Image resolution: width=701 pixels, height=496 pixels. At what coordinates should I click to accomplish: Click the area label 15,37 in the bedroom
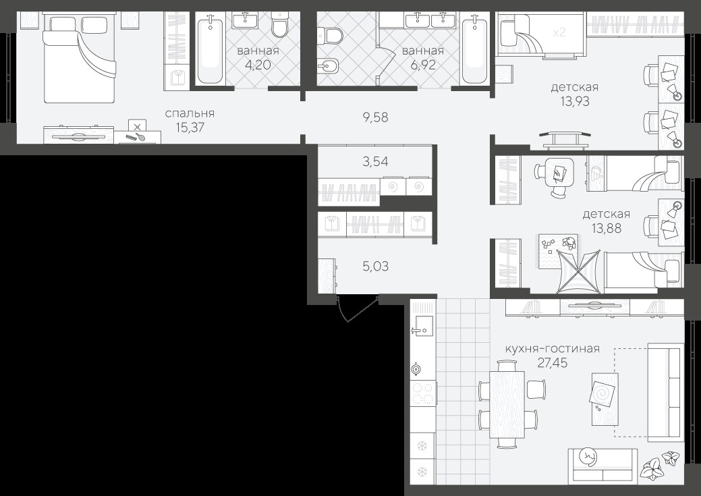tap(190, 128)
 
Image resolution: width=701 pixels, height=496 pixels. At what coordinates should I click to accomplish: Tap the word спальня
tap(190, 113)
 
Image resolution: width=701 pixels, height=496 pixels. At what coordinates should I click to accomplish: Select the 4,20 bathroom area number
tap(258, 65)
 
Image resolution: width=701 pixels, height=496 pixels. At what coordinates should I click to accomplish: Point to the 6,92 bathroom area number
tap(423, 65)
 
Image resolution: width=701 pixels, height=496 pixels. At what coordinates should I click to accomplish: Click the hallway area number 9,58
tap(376, 117)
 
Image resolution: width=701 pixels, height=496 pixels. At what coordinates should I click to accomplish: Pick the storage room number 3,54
tap(376, 162)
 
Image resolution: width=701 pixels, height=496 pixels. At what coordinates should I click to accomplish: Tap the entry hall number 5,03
tap(376, 267)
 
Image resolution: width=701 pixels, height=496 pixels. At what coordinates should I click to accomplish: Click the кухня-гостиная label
tap(552, 349)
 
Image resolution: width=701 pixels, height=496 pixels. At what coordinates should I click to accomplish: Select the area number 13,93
tap(575, 101)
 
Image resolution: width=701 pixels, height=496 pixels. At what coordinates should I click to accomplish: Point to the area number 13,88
tap(607, 229)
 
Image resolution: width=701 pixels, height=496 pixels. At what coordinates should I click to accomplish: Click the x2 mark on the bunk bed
tap(559, 32)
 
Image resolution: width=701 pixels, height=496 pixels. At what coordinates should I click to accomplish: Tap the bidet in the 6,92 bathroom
tap(328, 67)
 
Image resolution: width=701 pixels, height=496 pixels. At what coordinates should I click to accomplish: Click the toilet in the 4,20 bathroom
tap(281, 26)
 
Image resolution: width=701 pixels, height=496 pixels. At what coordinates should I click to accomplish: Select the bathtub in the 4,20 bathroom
tap(210, 49)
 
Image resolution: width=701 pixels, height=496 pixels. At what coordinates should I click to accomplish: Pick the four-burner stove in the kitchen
tap(423, 393)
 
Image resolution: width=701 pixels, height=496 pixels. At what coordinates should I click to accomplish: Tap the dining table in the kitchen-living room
tap(507, 404)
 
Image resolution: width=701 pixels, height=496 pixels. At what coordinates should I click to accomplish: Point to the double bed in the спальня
tap(80, 59)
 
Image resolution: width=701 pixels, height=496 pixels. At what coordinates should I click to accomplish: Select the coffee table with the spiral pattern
tap(605, 399)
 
